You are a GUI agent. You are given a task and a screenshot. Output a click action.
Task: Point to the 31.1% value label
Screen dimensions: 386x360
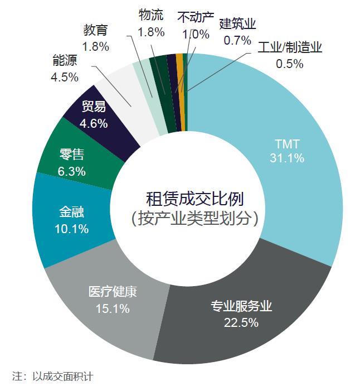286,158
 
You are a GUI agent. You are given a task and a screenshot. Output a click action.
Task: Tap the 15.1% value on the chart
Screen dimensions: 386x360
112,308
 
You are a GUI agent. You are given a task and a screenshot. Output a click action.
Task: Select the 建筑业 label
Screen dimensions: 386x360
237,25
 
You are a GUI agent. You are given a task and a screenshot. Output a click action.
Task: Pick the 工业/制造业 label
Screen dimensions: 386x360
290,48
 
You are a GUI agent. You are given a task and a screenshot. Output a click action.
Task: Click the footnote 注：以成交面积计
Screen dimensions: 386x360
52,376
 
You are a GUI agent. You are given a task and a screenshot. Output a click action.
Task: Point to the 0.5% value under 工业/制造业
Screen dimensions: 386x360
290,64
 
